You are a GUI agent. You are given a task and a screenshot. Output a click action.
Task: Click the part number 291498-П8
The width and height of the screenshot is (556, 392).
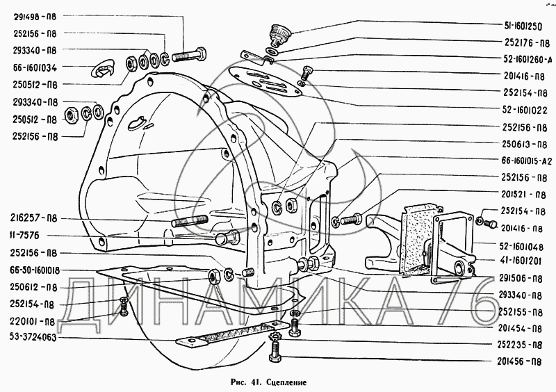point(35,16)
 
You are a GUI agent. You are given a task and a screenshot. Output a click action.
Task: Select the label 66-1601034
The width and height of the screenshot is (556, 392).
point(35,67)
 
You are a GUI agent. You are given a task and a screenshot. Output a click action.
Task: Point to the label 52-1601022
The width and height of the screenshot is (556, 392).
point(525,111)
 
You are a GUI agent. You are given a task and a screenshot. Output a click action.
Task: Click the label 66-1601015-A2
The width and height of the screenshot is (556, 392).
point(527,161)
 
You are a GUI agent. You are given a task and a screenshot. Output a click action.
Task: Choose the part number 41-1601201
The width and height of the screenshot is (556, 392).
point(521,261)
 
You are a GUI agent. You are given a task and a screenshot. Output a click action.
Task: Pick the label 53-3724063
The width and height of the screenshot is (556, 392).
point(33,337)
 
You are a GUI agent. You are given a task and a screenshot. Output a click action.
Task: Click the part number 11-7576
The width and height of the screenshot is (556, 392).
point(25,235)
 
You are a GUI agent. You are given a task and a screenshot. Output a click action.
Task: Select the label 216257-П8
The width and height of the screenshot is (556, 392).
point(33,218)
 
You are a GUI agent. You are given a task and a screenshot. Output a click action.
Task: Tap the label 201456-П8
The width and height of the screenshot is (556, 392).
point(519,361)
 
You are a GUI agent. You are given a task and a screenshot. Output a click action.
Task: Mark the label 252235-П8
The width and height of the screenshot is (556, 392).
point(519,345)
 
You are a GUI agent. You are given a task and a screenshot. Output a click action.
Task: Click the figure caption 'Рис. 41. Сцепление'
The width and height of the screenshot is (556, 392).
point(268,382)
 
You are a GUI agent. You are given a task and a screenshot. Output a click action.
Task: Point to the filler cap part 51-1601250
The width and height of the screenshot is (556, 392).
point(279,35)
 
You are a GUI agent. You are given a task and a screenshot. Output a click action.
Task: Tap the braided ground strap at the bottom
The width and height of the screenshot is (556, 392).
point(232,334)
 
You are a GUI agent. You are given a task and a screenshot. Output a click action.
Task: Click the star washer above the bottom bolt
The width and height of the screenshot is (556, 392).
point(275,336)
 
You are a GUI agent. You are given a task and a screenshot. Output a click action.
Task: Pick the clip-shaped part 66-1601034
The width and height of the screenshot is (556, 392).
point(102,69)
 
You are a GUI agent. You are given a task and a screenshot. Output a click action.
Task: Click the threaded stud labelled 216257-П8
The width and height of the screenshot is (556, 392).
point(190,220)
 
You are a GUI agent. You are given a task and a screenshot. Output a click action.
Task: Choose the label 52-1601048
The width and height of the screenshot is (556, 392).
point(524,245)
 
